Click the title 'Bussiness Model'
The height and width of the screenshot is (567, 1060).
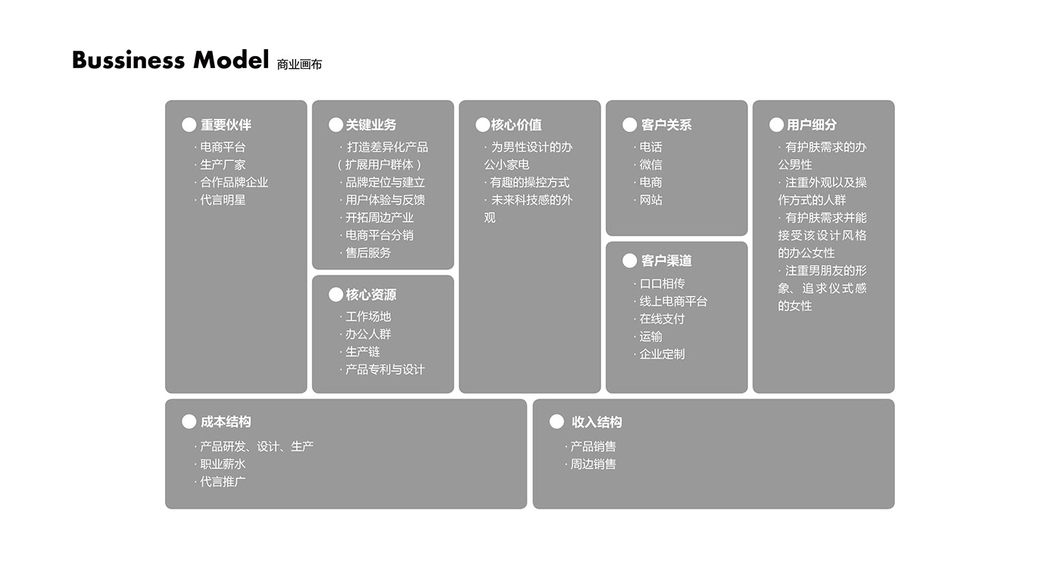(x=170, y=59)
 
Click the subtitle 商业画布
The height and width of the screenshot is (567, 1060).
(x=299, y=64)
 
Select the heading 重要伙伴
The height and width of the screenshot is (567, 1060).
(x=226, y=125)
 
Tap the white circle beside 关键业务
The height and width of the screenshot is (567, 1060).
(x=336, y=125)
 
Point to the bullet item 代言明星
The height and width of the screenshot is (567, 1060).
(x=222, y=200)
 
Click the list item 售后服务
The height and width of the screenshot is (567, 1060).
(x=368, y=253)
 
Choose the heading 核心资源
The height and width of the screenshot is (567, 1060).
(x=371, y=294)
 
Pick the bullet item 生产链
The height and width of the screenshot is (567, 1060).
(x=362, y=352)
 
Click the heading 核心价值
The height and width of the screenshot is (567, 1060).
(x=516, y=125)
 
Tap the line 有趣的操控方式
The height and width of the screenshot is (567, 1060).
(x=528, y=182)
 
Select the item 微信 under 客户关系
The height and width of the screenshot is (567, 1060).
(x=650, y=165)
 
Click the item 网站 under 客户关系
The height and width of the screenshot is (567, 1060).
(x=650, y=200)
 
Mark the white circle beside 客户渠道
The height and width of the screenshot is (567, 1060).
(x=629, y=260)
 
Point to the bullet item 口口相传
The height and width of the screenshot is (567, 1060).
(x=662, y=284)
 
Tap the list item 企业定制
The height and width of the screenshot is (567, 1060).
(x=662, y=354)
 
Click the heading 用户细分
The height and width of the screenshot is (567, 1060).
(x=812, y=125)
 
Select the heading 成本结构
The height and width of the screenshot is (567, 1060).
(x=226, y=422)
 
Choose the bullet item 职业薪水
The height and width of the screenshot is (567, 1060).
(x=222, y=464)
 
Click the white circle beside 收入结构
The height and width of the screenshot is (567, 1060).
(x=556, y=422)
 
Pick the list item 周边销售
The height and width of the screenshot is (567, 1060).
(x=593, y=464)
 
